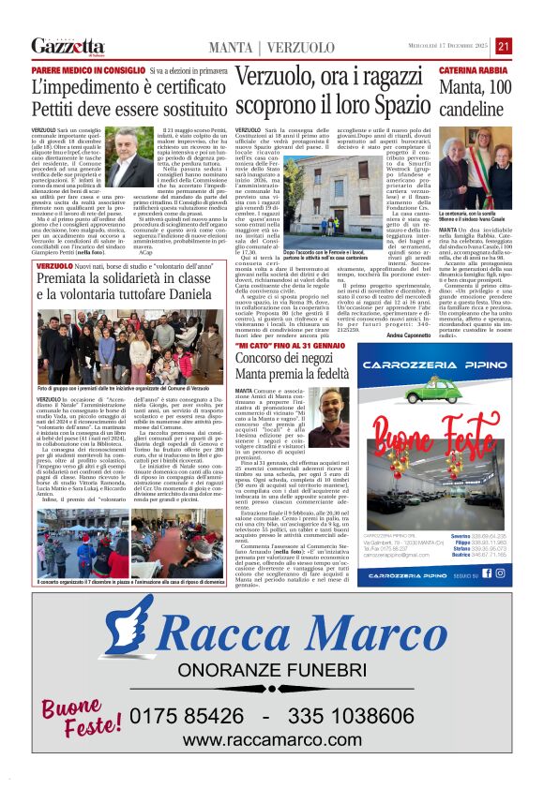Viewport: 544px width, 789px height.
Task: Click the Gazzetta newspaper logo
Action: click(x=68, y=46)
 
